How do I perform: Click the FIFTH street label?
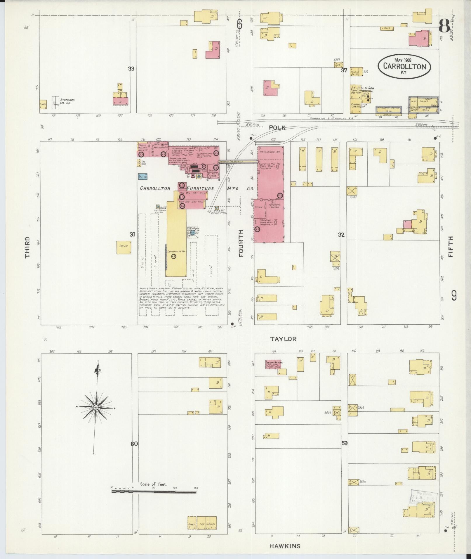coord(451,247)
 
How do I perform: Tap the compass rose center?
coord(95,407)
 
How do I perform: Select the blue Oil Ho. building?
coord(142,176)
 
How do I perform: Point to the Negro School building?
coord(274,364)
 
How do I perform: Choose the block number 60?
coord(134,452)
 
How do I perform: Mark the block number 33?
coord(131,69)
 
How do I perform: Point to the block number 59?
coord(344,451)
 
